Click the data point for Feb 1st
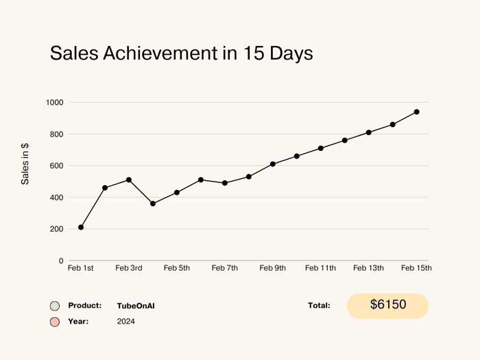coord(81,227)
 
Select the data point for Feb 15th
coord(417,112)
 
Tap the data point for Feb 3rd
coord(129,180)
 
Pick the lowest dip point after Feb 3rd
coord(153,204)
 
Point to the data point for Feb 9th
coord(273,164)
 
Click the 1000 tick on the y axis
coord(55,103)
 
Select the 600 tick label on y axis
coord(57,166)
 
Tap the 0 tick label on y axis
coord(61,261)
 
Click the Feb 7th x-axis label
coord(225,268)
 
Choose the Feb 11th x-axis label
coord(320,268)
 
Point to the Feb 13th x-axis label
coord(369,268)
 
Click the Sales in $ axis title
coord(25,164)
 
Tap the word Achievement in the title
coord(160,53)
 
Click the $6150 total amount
coord(388,304)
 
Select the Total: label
coord(319,305)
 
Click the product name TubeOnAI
coord(136,306)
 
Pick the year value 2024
coord(125,322)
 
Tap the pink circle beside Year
coord(55,322)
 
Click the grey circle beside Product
coord(55,306)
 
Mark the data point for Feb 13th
coord(369,132)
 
